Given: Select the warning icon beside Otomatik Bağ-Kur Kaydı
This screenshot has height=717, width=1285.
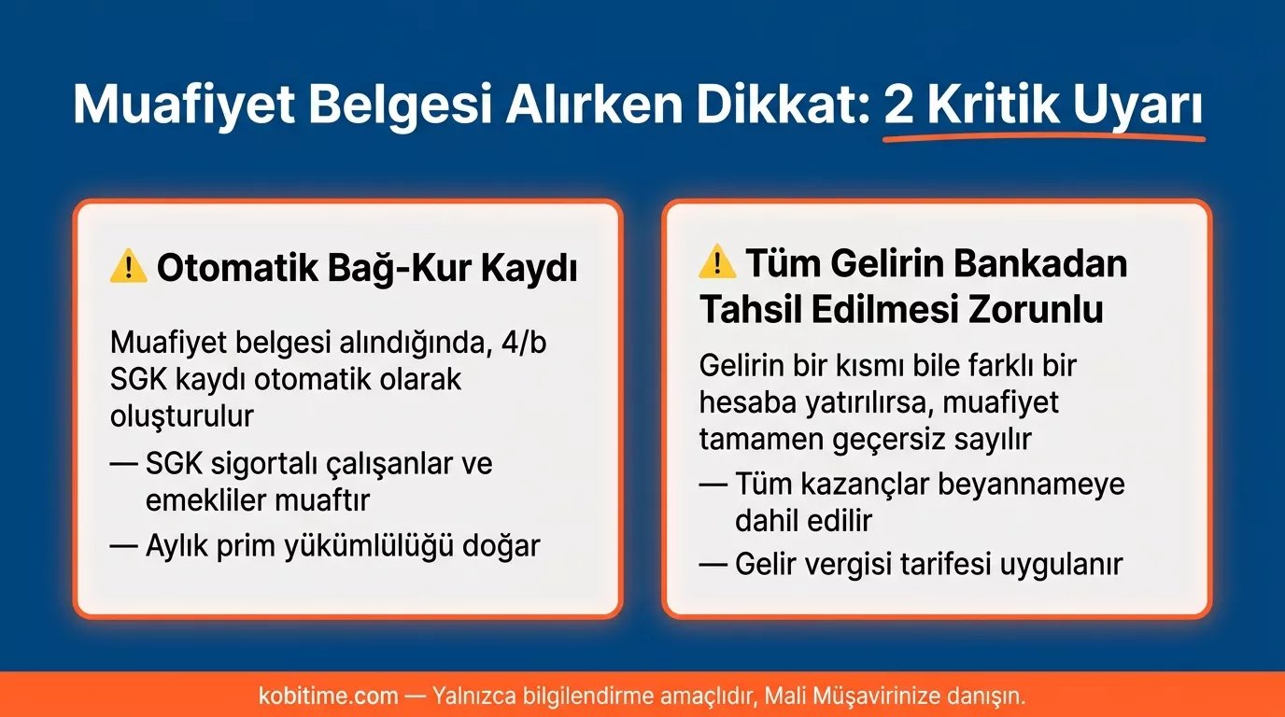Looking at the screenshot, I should (128, 268).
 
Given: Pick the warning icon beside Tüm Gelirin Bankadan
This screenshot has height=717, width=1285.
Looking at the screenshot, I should (717, 262).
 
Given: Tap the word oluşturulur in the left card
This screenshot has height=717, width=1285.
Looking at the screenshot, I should (181, 415).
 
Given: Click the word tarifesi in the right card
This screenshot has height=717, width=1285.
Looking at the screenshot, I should (956, 565).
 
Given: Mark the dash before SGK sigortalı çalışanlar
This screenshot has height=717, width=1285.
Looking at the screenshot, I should (122, 464).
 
